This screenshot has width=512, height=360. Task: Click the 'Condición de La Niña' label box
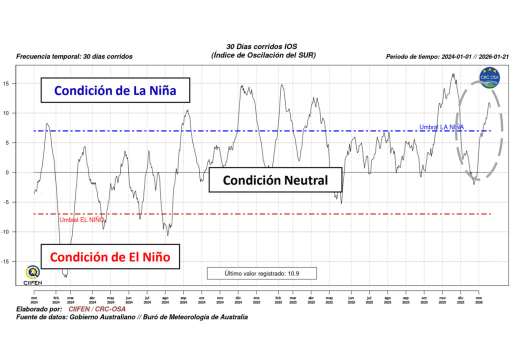coord(115,90)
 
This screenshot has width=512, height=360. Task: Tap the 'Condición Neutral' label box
coord(275,180)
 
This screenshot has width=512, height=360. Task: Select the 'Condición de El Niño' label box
coord(110,257)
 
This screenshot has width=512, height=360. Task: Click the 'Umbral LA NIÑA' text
coord(441,127)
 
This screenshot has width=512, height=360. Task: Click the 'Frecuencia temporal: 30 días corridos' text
coord(74,56)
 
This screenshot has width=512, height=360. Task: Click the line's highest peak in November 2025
coord(453,74)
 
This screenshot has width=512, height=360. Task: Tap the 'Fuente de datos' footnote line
coord(132,317)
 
